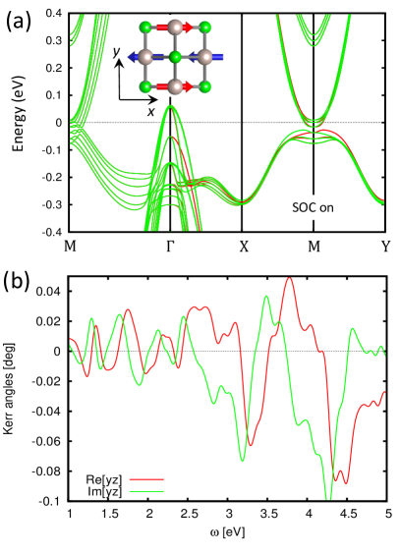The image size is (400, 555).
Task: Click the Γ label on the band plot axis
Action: coord(170,245)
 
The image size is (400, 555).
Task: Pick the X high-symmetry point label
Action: coord(242,245)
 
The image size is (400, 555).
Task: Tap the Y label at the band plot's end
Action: coord(384,245)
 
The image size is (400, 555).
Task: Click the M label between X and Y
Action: coord(313,245)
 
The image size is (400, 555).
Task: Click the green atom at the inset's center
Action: coord(173,58)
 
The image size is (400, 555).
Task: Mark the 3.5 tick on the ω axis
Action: coord(268,514)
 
